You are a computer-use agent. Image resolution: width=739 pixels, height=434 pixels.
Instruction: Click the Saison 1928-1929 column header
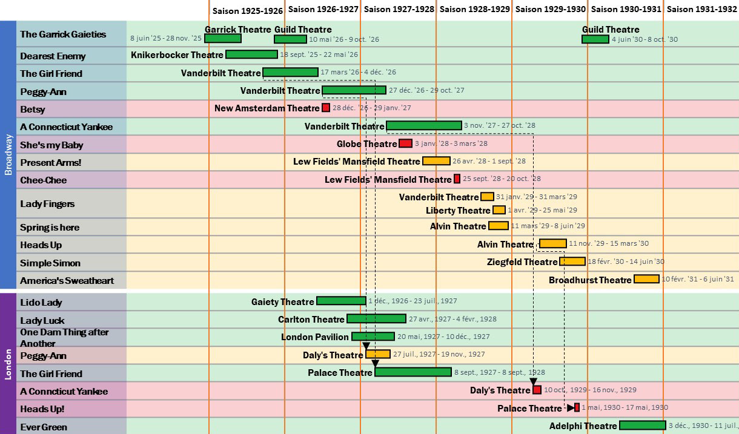[474, 9]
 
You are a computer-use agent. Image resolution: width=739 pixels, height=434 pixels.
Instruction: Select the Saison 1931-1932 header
[701, 9]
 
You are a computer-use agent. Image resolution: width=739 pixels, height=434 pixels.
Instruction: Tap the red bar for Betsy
[326, 108]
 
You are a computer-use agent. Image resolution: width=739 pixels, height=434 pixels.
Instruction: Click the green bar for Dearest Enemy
[251, 54]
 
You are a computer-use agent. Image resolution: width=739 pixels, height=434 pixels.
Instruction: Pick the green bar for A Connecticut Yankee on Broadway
[424, 125]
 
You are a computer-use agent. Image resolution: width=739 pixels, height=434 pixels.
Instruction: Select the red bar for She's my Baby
[405, 143]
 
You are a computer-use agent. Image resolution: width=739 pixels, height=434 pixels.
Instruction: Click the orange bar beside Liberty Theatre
[499, 210]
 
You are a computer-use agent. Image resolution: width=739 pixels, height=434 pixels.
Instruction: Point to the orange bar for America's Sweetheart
[646, 279]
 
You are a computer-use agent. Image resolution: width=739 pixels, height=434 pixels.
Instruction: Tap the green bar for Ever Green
[642, 426]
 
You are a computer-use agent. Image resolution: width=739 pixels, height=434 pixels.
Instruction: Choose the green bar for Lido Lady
[341, 301]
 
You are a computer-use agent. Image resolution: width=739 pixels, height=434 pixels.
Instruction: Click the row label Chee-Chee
[44, 180]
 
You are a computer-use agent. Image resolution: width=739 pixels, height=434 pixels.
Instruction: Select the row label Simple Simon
[50, 263]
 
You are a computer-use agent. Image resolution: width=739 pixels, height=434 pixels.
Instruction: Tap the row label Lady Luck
[42, 320]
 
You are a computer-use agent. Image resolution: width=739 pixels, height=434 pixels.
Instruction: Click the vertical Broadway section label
[8, 155]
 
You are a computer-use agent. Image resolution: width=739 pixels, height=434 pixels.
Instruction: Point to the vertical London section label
[8, 364]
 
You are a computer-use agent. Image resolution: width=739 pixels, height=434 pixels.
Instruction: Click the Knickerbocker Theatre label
[177, 55]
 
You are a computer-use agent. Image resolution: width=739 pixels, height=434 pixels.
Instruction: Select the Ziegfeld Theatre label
[522, 262]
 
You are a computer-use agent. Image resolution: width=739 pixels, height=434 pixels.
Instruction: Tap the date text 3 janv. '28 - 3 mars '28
[451, 144]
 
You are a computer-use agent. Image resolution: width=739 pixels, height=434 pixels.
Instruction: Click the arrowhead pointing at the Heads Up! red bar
[571, 407]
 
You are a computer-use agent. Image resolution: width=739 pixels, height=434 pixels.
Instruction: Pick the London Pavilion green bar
[373, 337]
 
